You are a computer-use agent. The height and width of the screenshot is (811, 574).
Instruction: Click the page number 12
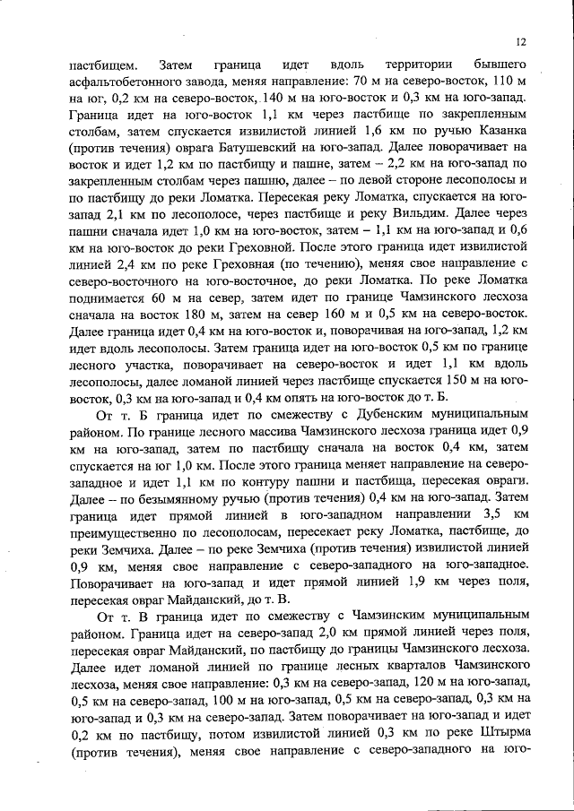tap(520, 41)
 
